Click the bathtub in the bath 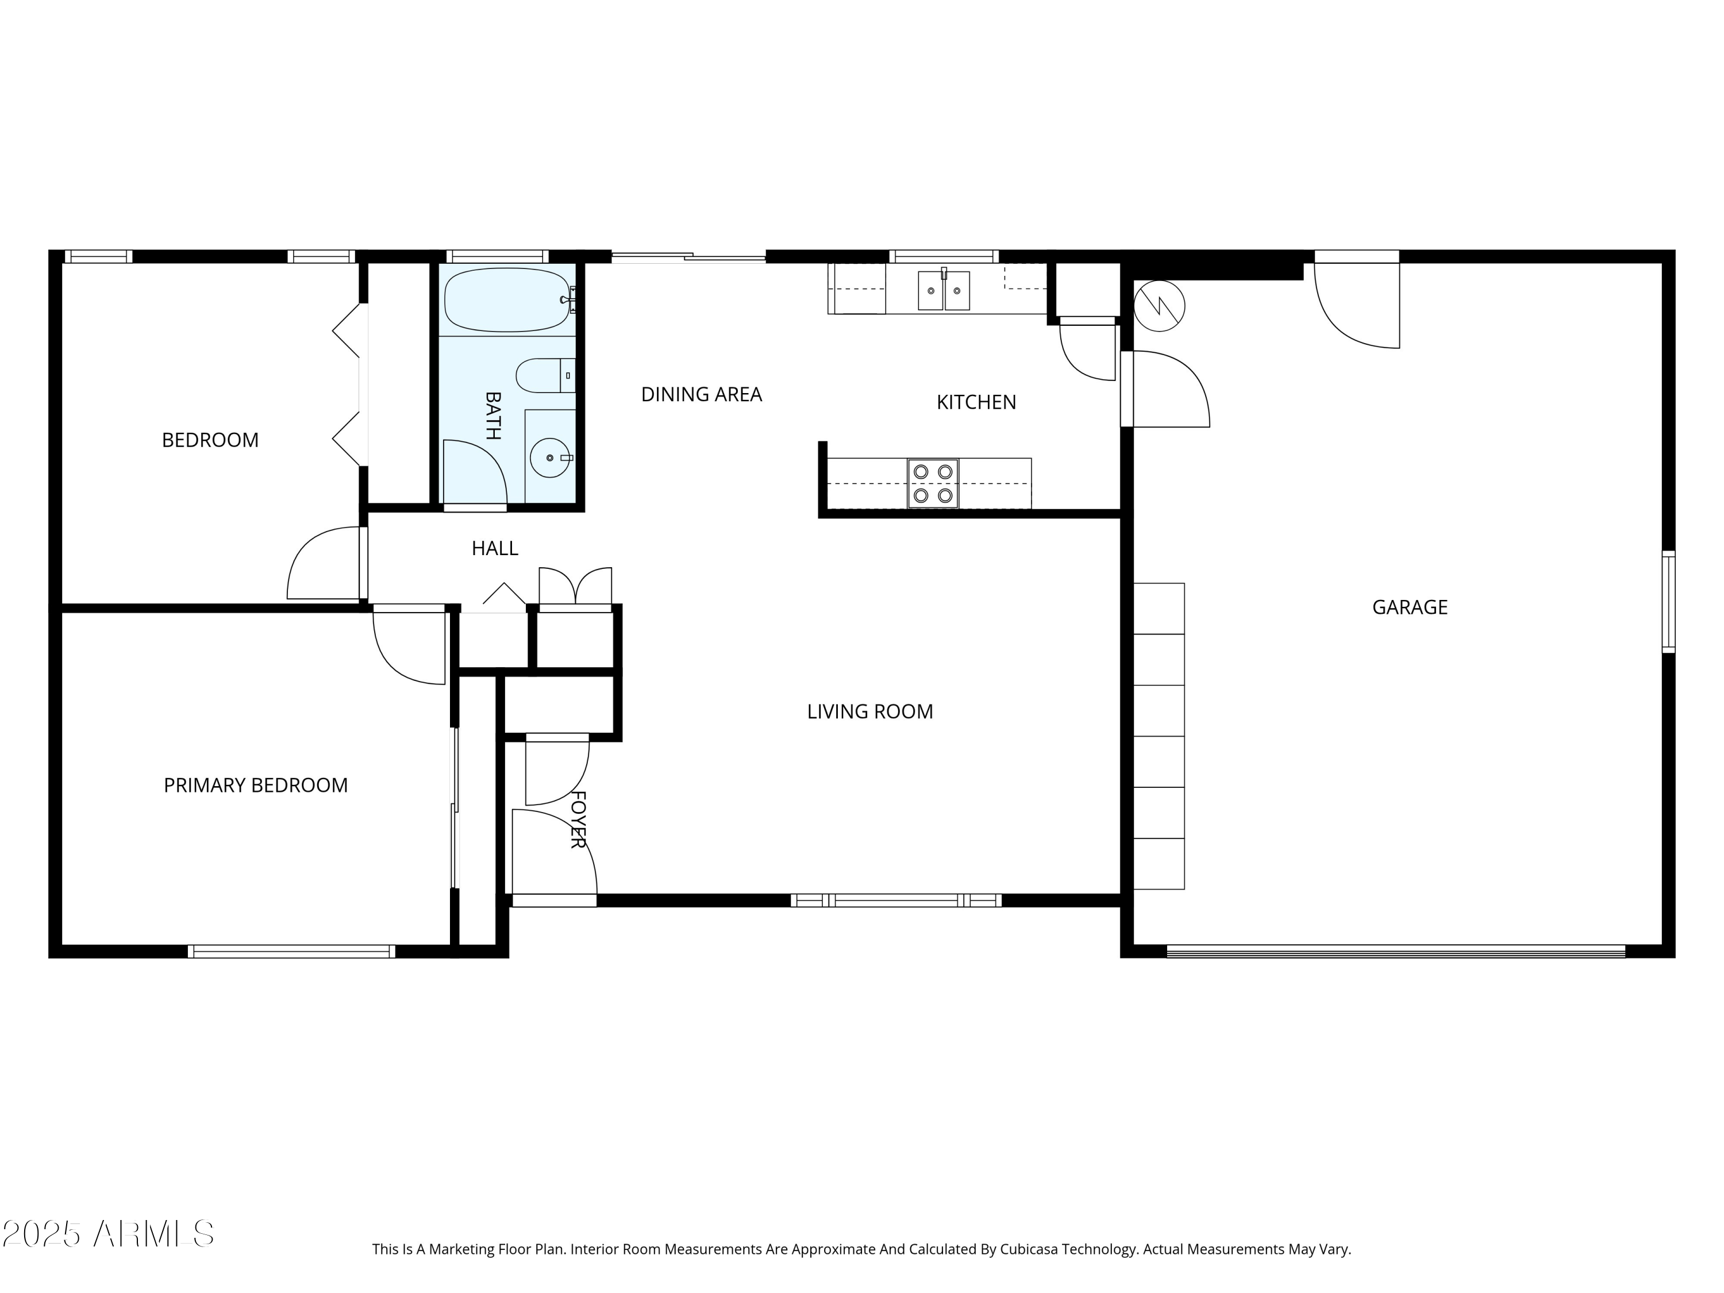(507, 300)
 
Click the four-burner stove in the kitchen (933, 483)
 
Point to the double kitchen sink (943, 291)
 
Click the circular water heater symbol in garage (1159, 306)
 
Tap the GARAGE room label (1409, 607)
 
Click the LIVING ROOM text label (870, 711)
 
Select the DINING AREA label (701, 394)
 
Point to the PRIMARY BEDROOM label (256, 785)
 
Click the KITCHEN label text (976, 402)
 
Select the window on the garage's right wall (1668, 601)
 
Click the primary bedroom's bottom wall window (291, 951)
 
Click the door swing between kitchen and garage (1169, 390)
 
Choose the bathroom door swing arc (475, 472)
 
